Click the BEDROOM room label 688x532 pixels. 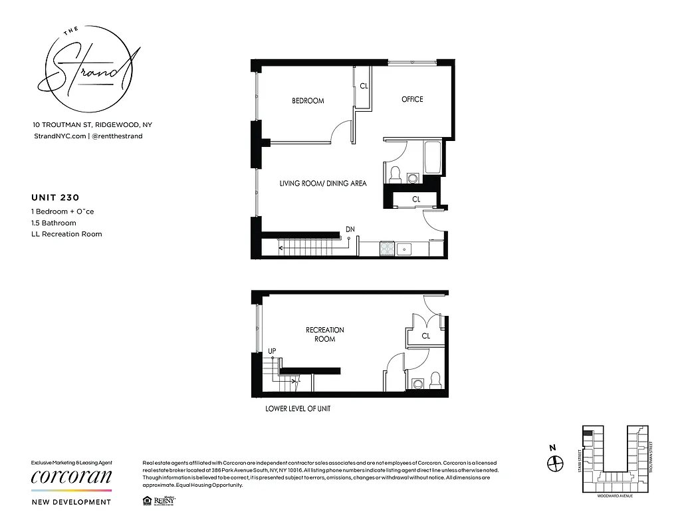pyautogui.click(x=308, y=101)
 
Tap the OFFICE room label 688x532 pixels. pyautogui.click(x=412, y=99)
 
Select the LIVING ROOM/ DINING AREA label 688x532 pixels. pyautogui.click(x=322, y=183)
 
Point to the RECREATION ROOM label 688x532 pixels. pyautogui.click(x=325, y=334)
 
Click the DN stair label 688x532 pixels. pyautogui.click(x=350, y=229)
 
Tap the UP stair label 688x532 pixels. pyautogui.click(x=271, y=350)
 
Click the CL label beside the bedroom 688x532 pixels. pyautogui.click(x=364, y=86)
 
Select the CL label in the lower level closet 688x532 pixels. pyautogui.click(x=426, y=336)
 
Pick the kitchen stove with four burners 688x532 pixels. pyautogui.click(x=386, y=249)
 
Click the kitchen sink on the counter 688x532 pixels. pyautogui.click(x=404, y=249)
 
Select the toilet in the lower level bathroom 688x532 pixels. pyautogui.click(x=435, y=380)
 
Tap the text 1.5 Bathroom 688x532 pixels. pyautogui.click(x=54, y=223)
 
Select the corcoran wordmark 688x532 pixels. pyautogui.click(x=72, y=478)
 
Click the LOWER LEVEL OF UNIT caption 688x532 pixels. pyautogui.click(x=298, y=409)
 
